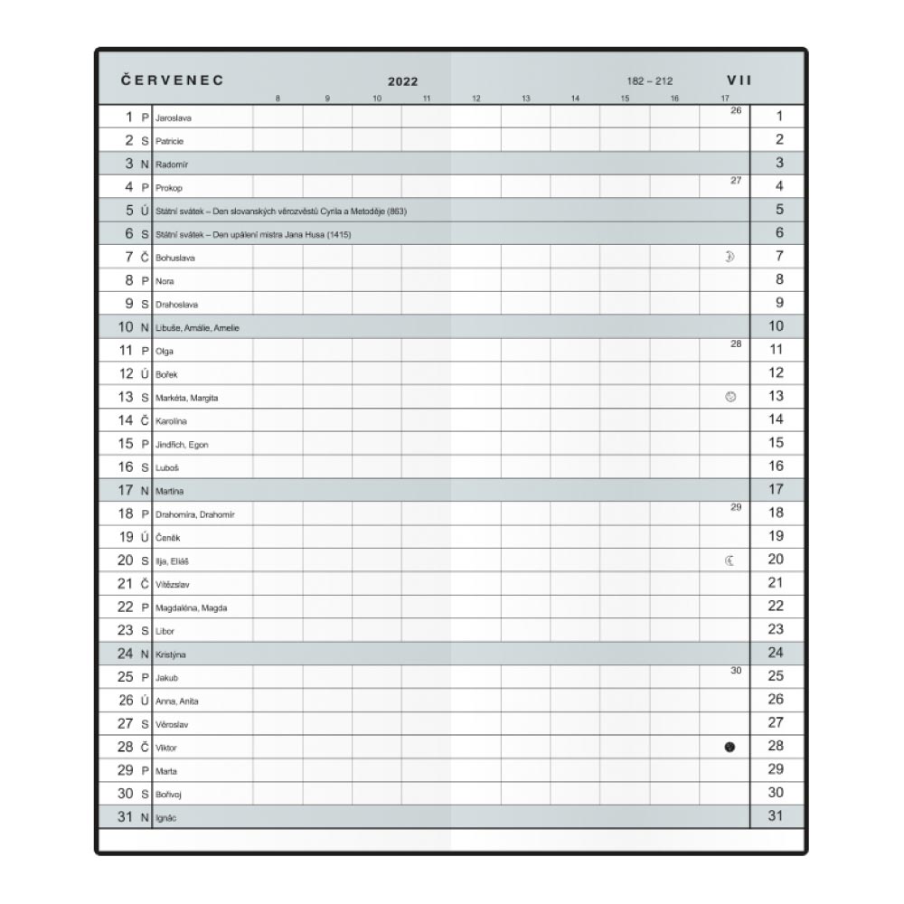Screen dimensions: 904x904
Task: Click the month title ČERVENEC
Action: pos(173,80)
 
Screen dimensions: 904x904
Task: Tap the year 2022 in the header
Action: pos(403,81)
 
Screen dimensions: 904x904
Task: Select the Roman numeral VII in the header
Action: pos(740,80)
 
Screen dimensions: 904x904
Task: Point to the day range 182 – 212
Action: pos(650,81)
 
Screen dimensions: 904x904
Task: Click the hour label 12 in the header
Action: pos(476,98)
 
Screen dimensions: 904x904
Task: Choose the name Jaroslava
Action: pos(174,118)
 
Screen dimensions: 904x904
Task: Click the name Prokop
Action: pos(169,188)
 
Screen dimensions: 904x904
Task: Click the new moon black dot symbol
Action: pos(730,747)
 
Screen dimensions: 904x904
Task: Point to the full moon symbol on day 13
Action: pos(730,396)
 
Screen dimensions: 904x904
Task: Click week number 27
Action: pos(735,180)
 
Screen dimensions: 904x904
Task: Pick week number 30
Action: pos(735,670)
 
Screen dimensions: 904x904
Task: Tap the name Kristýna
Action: pos(171,654)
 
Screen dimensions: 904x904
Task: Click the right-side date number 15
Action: pos(776,443)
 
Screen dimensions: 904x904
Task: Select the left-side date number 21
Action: pos(126,583)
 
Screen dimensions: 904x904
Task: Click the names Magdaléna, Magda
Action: pos(192,607)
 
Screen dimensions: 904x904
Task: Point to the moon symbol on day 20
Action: pos(730,560)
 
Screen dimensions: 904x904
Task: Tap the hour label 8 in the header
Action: pos(278,98)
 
